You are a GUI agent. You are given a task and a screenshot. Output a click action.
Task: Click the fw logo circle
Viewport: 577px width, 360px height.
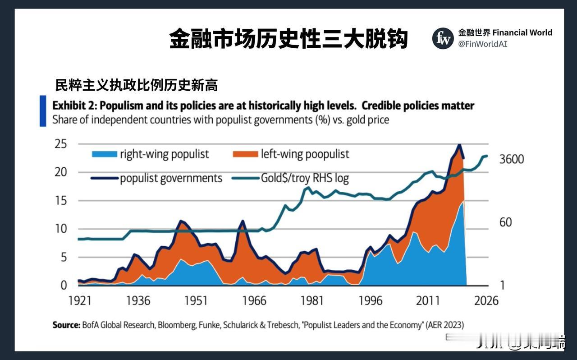(443, 38)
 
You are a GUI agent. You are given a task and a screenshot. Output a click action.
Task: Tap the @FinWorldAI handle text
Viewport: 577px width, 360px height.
(483, 44)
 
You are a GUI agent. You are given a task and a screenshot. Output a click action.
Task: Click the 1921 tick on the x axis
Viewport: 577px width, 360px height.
(80, 300)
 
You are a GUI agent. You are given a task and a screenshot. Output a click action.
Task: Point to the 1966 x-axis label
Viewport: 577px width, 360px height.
(254, 300)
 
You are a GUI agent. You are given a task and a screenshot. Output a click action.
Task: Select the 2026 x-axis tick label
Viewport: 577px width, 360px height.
(486, 300)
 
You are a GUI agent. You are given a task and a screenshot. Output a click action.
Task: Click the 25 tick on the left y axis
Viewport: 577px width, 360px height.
(61, 144)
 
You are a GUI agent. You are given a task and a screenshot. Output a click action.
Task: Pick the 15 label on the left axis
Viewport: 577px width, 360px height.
(61, 201)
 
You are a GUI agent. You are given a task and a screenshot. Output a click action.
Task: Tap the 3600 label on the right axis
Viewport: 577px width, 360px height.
(511, 159)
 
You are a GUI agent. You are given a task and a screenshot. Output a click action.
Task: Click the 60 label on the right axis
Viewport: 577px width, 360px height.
(505, 222)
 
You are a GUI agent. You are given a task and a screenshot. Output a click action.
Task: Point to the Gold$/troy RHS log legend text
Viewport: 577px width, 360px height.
(305, 178)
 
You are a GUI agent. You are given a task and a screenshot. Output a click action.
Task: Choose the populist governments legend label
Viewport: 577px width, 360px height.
(171, 178)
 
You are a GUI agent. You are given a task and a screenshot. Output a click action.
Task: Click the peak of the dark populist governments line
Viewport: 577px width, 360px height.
(459, 145)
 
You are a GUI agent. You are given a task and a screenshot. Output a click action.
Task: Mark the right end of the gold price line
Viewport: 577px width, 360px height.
(487, 156)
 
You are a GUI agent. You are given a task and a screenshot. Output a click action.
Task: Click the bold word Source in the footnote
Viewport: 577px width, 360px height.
(66, 325)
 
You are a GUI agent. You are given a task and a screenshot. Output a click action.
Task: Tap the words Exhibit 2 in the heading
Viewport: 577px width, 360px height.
(74, 106)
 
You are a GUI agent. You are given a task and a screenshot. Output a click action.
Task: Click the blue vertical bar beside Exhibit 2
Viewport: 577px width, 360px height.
(43, 111)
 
